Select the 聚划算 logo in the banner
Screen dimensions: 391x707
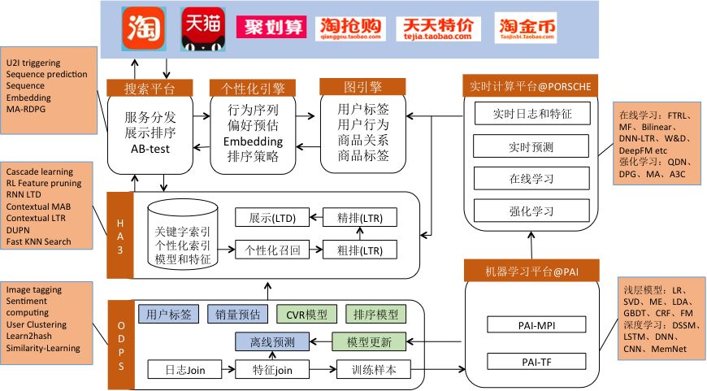(x=271, y=28)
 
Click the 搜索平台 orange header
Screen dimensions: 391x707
(x=149, y=87)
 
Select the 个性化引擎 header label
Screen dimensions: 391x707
(x=253, y=87)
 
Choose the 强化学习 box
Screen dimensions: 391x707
(x=529, y=211)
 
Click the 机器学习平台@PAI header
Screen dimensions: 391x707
(x=529, y=269)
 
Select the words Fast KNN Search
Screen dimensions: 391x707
(x=39, y=241)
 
